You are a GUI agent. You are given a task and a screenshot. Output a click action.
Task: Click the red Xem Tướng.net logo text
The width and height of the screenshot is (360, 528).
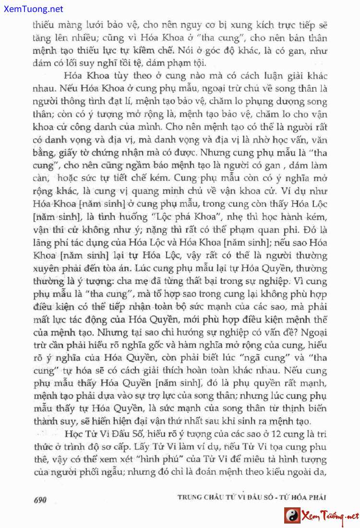(x=330, y=516)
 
